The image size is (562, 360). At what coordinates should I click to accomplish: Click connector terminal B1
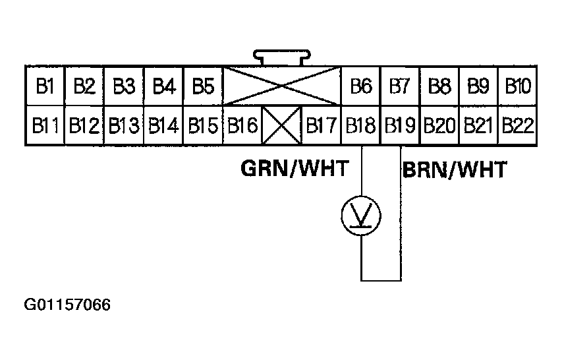click(x=45, y=86)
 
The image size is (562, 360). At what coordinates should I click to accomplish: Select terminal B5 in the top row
click(x=203, y=86)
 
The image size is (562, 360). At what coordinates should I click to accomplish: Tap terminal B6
click(x=361, y=86)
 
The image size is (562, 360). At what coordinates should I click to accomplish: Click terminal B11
click(x=45, y=125)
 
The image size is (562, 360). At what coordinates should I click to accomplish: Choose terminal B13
click(x=124, y=125)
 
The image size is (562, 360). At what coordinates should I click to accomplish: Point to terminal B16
click(x=242, y=125)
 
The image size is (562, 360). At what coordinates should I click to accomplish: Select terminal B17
click(x=322, y=125)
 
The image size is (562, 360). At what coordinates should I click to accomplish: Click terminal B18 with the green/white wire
click(x=361, y=125)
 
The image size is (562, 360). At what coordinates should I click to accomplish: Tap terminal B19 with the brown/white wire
click(x=400, y=125)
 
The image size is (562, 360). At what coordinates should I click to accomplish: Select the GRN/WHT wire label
click(x=294, y=169)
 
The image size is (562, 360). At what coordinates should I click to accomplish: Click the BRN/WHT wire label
click(x=455, y=170)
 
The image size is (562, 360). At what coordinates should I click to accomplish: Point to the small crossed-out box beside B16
click(x=282, y=125)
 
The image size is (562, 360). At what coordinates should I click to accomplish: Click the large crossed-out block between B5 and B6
click(x=282, y=86)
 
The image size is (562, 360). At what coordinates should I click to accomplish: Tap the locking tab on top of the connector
click(x=282, y=59)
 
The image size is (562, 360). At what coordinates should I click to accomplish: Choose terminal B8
click(x=439, y=86)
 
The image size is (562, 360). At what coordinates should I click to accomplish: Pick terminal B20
click(x=439, y=125)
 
